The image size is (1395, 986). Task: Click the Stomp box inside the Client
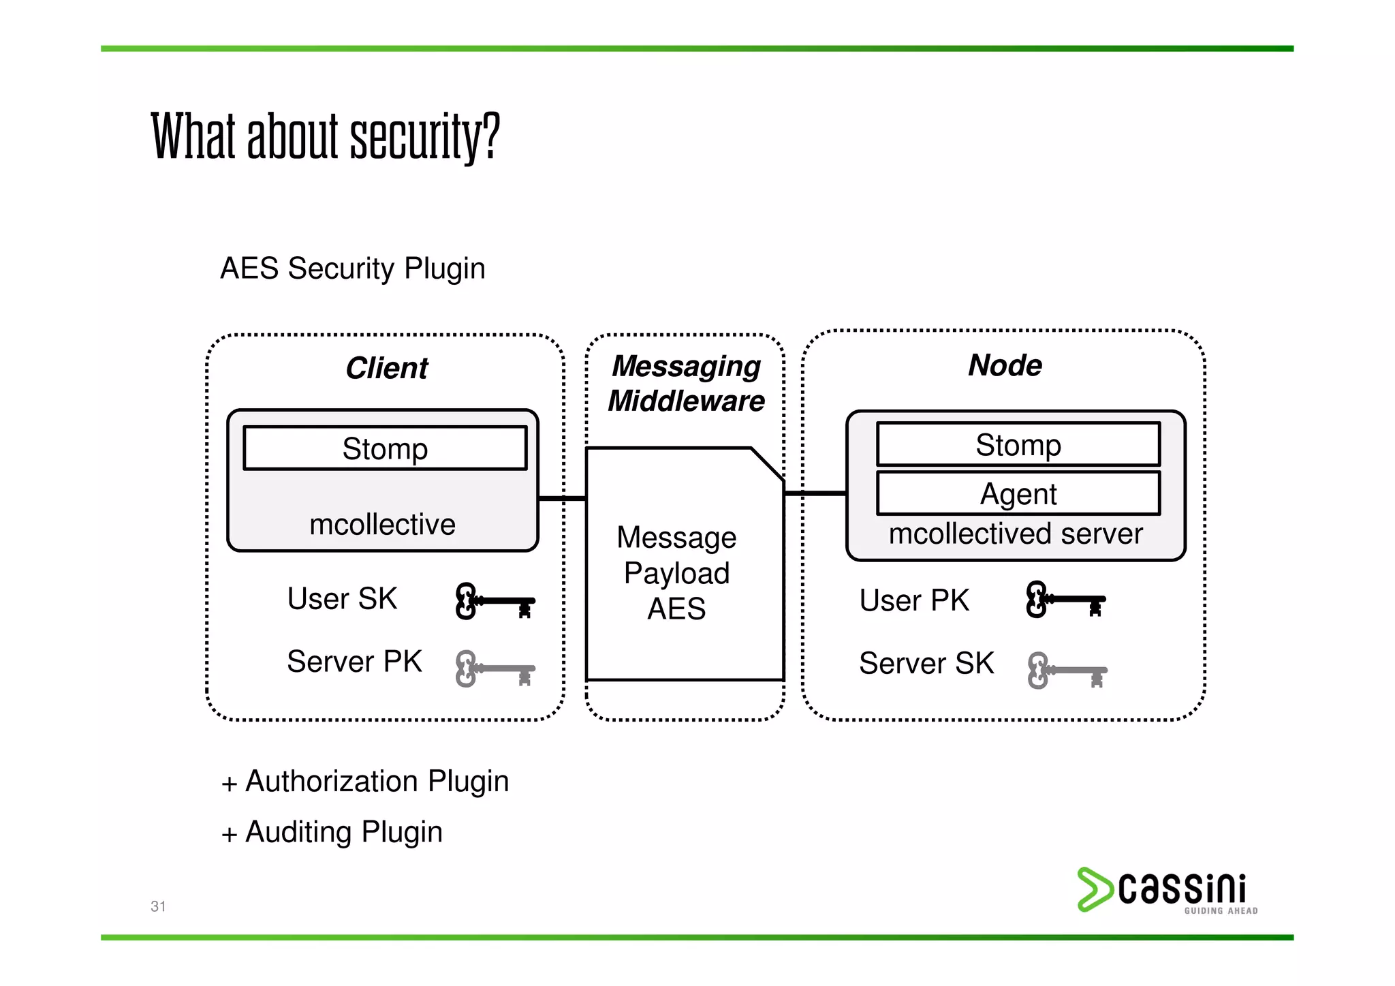[385, 448]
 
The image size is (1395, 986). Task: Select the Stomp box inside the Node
[1018, 444]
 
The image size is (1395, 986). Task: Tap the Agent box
[1018, 493]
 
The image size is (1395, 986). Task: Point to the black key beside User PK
[1065, 600]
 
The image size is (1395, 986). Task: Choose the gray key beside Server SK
[1067, 671]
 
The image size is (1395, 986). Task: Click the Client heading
[386, 368]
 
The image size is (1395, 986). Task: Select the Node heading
[1005, 365]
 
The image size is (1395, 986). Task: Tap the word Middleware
[686, 401]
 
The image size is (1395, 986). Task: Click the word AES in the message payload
[676, 608]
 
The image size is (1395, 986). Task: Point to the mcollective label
[382, 525]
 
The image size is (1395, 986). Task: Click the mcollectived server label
[1015, 534]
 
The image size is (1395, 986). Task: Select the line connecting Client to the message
[562, 498]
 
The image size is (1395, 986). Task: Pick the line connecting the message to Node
[815, 493]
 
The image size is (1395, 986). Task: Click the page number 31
[158, 906]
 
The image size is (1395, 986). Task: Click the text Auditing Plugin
[343, 832]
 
